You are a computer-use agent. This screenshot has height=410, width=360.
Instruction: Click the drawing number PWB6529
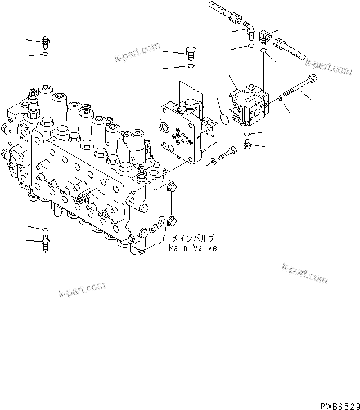[x=339, y=404]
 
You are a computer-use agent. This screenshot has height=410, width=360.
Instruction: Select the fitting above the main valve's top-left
[x=46, y=41]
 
